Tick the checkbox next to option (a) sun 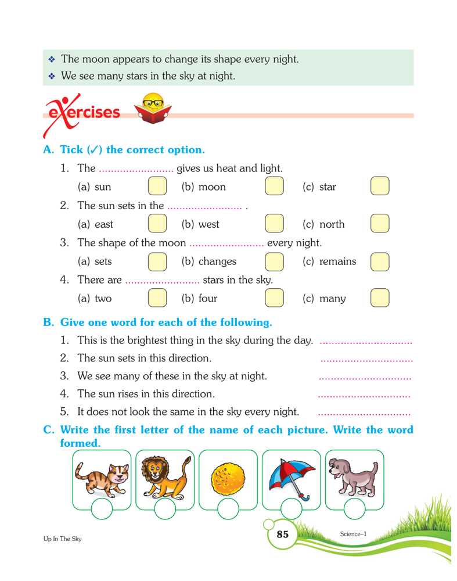(x=157, y=187)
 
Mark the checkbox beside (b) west (x=274, y=224)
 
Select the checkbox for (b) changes (x=274, y=261)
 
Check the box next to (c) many (x=380, y=298)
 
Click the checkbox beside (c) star (x=380, y=187)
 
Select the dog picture (x=353, y=472)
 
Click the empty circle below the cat (x=102, y=510)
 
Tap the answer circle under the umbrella (x=292, y=510)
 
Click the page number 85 (x=282, y=534)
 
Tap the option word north (x=332, y=224)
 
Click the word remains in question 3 (x=337, y=261)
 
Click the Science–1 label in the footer (x=353, y=533)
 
